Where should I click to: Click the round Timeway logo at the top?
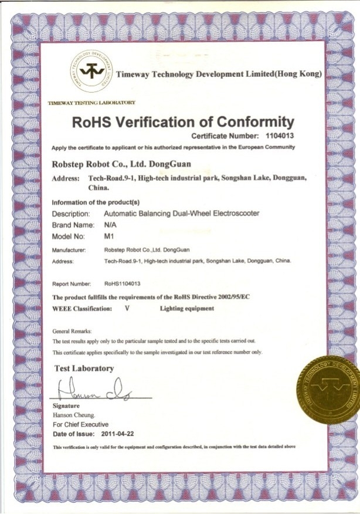pos(90,72)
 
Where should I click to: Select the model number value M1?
pos(107,236)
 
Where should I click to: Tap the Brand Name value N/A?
pos(109,225)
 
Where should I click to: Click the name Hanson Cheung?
pos(73,414)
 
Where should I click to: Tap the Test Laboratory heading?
pos(84,368)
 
